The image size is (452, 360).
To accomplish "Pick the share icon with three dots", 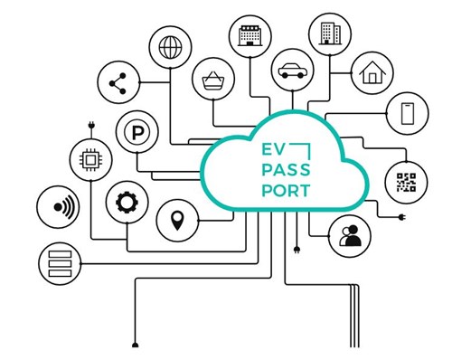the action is coord(116,84).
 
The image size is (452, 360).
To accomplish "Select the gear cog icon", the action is coord(125,204).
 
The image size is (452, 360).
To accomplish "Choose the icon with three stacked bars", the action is coord(56,262).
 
